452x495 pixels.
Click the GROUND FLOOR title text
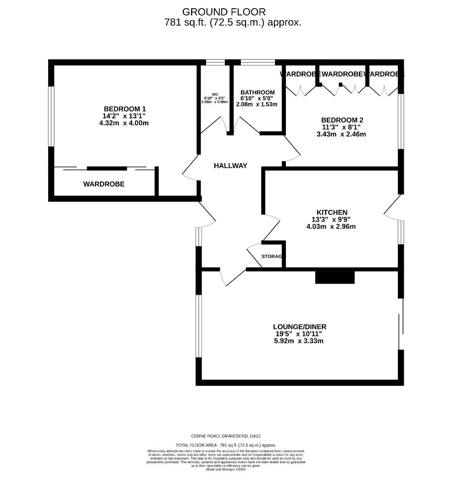(x=224, y=12)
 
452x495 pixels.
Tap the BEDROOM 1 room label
(x=125, y=109)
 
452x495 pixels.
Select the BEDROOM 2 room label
(x=342, y=120)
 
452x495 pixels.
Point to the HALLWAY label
(x=230, y=165)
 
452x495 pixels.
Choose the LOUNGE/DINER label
(x=300, y=327)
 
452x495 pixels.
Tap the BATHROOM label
(x=257, y=92)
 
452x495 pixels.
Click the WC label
(x=215, y=94)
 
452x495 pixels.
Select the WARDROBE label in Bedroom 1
(x=104, y=184)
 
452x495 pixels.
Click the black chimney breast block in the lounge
(x=335, y=277)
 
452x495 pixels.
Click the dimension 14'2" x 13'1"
(x=125, y=116)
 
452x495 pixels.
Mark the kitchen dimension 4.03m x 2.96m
(x=331, y=226)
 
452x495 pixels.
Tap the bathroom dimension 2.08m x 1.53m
(x=257, y=104)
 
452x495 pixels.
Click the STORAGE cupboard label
(x=272, y=256)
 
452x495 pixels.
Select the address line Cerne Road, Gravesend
(x=226, y=436)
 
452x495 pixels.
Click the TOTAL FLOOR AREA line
(x=226, y=445)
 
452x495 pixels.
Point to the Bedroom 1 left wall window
(x=52, y=116)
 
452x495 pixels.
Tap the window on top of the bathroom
(x=257, y=62)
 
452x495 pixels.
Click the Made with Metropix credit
(x=226, y=469)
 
